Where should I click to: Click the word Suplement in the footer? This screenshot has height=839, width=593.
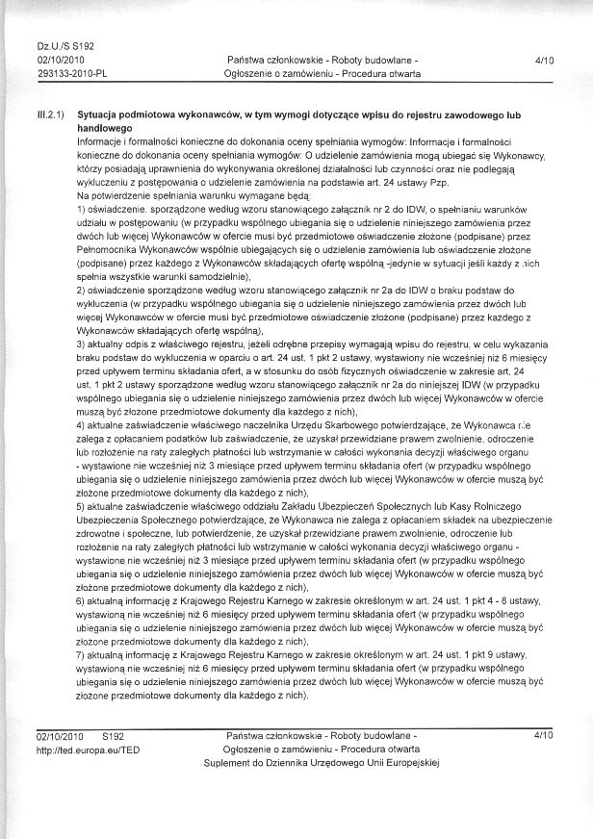pyautogui.click(x=229, y=762)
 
